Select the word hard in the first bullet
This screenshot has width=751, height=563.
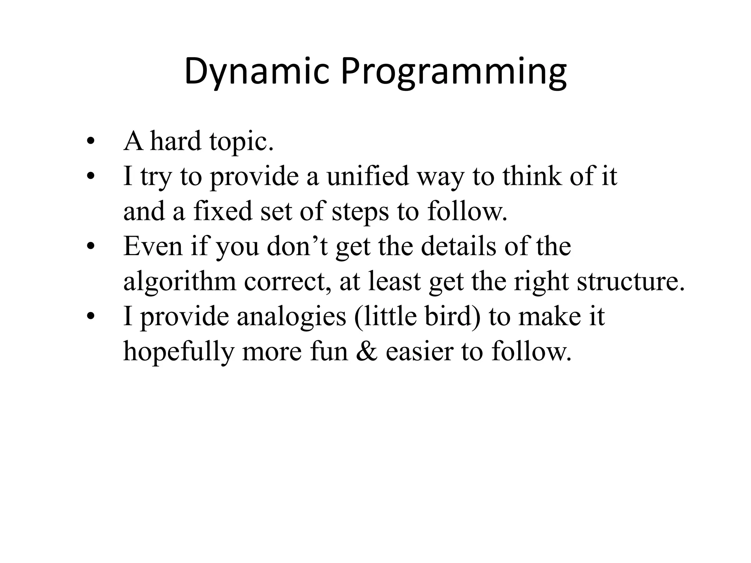tap(176, 141)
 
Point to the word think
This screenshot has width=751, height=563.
tap(532, 176)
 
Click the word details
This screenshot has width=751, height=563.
tap(458, 246)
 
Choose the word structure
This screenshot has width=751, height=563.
tap(630, 281)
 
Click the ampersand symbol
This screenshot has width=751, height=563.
tap(367, 351)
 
